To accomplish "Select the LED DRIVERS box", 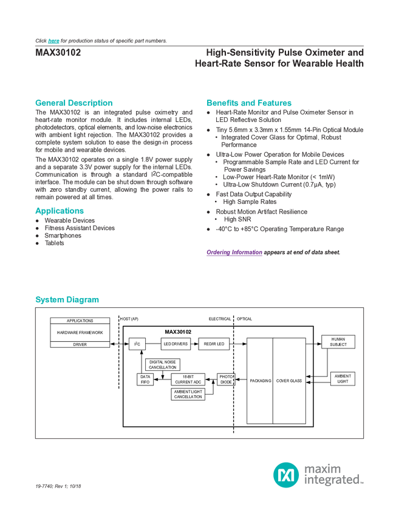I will [176, 344].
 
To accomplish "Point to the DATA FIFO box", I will [145, 379].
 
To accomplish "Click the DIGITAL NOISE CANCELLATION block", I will [163, 365].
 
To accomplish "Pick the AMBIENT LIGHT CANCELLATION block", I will [188, 394].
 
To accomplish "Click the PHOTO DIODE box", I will [226, 379].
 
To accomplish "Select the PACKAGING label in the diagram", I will [260, 381].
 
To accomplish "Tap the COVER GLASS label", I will [289, 381].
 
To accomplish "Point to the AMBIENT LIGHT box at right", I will [343, 379].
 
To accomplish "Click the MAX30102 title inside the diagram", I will [179, 332].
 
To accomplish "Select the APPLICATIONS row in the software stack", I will [80, 321].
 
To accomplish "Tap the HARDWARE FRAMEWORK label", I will [80, 333].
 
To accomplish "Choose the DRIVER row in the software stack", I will [80, 344].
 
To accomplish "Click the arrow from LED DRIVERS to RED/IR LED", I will [194, 344].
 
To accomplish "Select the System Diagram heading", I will [66, 300].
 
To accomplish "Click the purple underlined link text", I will [233, 252].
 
